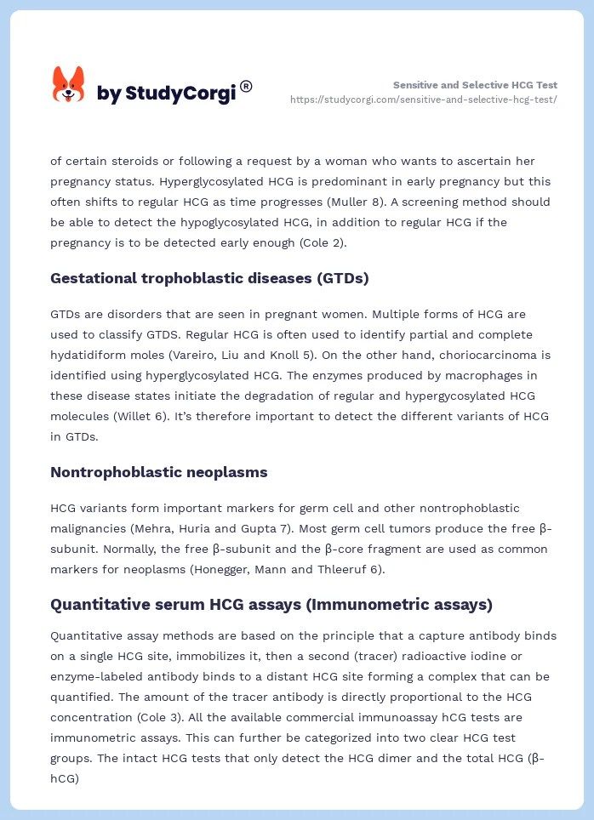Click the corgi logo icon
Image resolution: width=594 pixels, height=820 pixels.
[69, 85]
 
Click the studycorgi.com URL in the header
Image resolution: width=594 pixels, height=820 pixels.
[424, 100]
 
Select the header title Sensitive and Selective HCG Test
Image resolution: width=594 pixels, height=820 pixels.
[475, 85]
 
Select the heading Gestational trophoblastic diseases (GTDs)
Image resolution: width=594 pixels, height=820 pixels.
[209, 278]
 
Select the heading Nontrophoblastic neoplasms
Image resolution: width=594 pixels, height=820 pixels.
[159, 472]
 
